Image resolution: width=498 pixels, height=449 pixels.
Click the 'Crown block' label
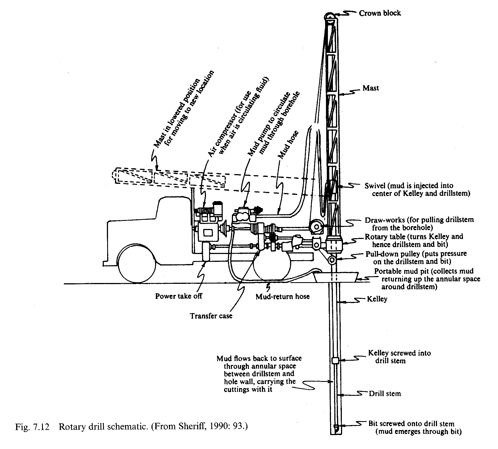coord(380,13)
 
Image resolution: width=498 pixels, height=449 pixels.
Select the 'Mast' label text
coord(371,88)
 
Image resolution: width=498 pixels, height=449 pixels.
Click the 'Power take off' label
coord(178,296)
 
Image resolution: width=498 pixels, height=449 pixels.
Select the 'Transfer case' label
coord(211,316)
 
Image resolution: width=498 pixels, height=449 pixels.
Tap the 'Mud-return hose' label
coord(283,296)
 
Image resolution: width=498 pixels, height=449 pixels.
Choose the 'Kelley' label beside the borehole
coord(377,299)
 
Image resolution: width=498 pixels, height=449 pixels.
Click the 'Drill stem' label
coord(385,394)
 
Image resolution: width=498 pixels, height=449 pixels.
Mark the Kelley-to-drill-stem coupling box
coord(335,360)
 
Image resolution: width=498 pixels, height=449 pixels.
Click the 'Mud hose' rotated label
coord(288,145)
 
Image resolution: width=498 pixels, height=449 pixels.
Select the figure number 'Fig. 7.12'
coord(32,427)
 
